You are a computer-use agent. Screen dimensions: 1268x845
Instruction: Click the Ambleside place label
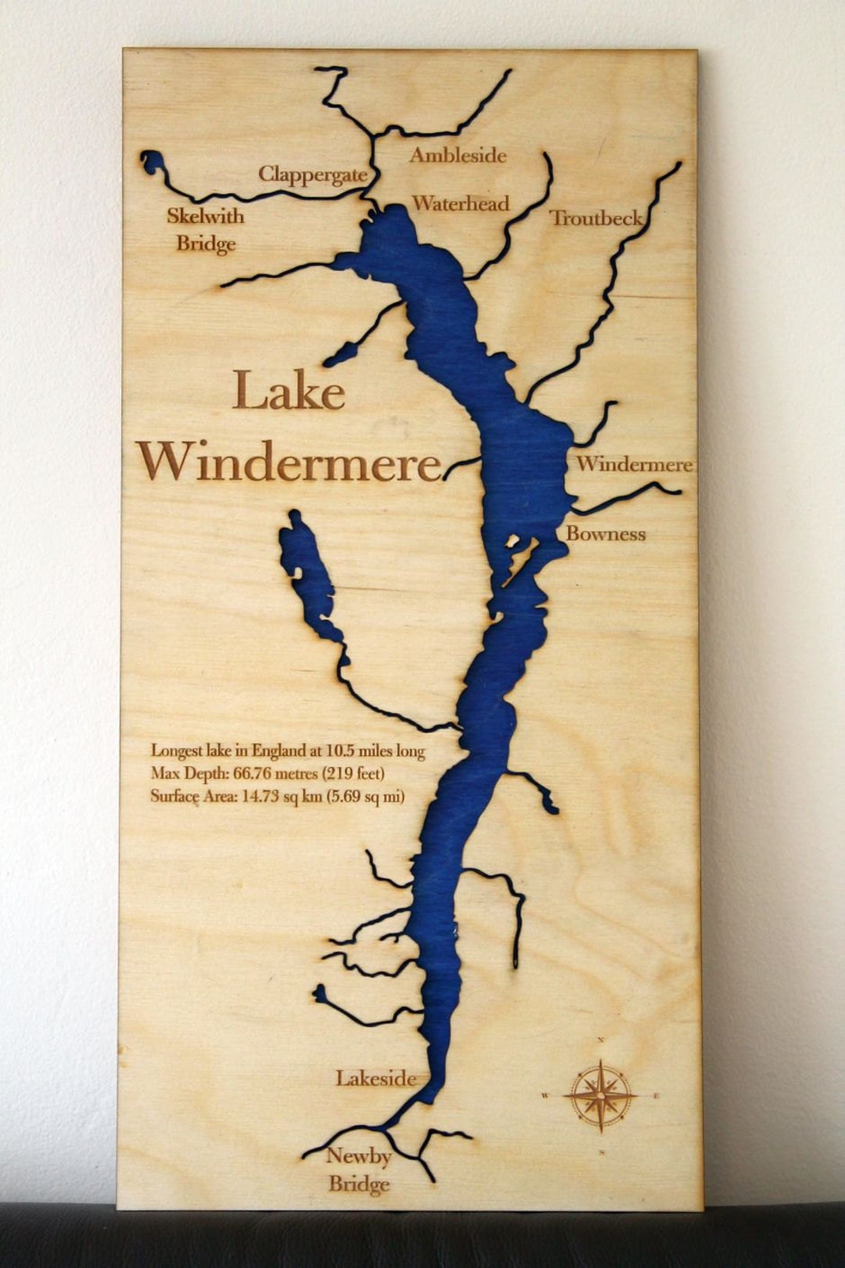pos(458,156)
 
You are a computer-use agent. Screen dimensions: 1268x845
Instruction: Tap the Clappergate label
pos(313,175)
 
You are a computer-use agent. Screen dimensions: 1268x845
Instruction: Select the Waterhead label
pos(460,204)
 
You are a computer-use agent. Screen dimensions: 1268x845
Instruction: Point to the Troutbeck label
pos(596,218)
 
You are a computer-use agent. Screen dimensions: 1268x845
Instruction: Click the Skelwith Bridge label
pos(205,230)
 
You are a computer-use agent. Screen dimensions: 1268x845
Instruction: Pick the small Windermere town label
pos(634,464)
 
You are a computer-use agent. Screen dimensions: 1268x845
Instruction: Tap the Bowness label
pos(606,535)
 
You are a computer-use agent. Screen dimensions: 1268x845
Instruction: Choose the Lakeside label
pos(376,1079)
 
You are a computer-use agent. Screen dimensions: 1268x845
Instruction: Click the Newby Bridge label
pos(359,1169)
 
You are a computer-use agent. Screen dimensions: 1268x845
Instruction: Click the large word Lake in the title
pos(289,391)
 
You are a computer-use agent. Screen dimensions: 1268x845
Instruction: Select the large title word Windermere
pos(289,461)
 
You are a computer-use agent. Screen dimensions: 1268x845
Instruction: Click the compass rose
pos(600,1095)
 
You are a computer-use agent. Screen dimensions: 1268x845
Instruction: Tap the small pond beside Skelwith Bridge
pos(153,163)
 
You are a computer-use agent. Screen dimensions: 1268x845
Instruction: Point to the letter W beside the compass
pos(545,1096)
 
